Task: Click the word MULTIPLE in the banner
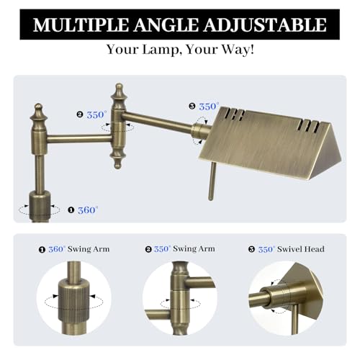click(81, 24)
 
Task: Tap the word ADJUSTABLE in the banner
click(265, 25)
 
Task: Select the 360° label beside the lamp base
click(88, 210)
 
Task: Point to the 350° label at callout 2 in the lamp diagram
click(96, 114)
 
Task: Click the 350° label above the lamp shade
click(209, 107)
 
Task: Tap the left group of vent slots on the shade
click(235, 114)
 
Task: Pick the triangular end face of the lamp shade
click(326, 153)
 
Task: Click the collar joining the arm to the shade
click(199, 130)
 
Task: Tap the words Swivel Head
click(301, 249)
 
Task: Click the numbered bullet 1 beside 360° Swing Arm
click(42, 250)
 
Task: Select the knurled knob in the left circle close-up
click(74, 300)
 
